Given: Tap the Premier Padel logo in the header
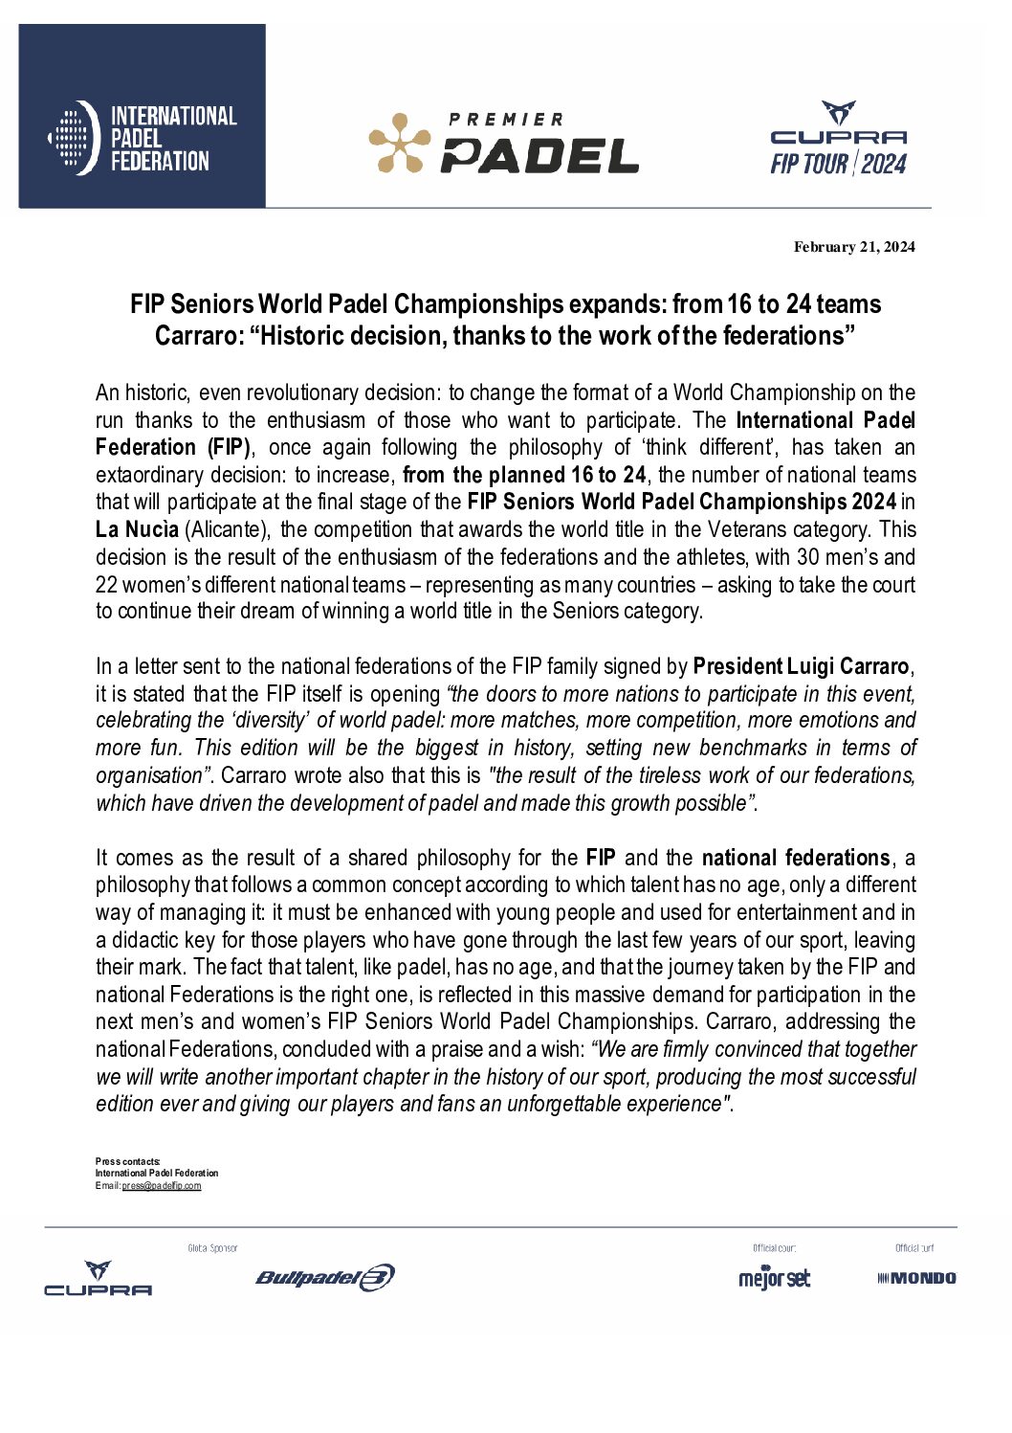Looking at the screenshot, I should [x=504, y=143].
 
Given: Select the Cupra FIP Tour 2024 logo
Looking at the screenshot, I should [x=838, y=140].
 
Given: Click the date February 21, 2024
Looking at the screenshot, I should [x=853, y=247].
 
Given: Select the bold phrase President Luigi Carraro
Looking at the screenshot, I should [x=801, y=666].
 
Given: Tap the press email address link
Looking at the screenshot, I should [x=162, y=1186].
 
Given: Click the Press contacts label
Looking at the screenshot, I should [x=127, y=1161].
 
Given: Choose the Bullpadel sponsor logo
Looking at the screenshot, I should [x=324, y=1278].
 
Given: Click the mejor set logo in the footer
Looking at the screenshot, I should [x=774, y=1278].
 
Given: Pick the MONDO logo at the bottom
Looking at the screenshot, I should [x=916, y=1278].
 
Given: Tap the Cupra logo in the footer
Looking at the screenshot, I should [x=98, y=1279].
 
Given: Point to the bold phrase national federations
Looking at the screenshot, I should [x=796, y=858].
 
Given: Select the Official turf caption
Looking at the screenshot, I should [x=914, y=1248].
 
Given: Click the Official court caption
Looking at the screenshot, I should [x=774, y=1248].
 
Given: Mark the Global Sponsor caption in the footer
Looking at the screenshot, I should [x=212, y=1248].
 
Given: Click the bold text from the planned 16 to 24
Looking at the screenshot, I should [x=524, y=475].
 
